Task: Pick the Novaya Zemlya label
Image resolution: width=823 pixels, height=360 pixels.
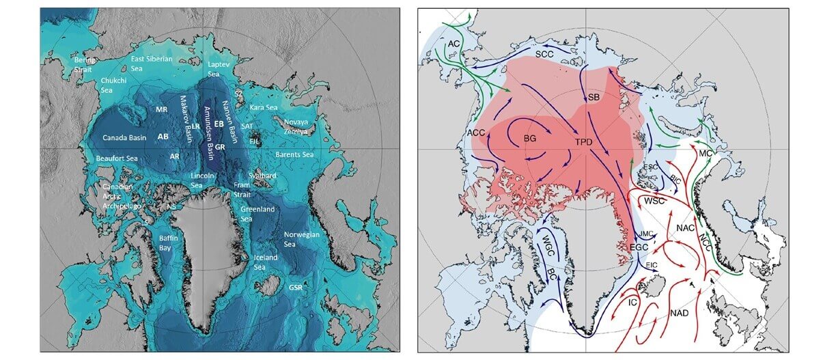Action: point(295,126)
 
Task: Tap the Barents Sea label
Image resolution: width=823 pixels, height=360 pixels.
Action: point(294,154)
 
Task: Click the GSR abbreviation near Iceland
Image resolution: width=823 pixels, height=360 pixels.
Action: point(296,287)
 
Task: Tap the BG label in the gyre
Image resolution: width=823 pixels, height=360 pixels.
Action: point(529,138)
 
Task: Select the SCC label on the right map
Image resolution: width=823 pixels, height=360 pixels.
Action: point(544,53)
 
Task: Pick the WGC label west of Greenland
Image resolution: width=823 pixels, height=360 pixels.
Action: point(548,244)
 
